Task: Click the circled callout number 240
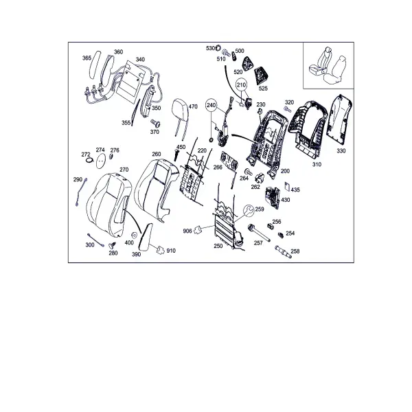pos(211,105)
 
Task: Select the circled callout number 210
pos(241,84)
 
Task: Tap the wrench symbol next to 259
pos(249,211)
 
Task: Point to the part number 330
pos(341,151)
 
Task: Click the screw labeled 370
pos(155,124)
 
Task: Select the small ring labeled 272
pos(90,161)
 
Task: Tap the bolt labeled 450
pos(176,154)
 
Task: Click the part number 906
pos(187,231)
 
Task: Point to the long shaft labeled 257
pos(259,233)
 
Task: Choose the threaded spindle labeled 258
pos(283,252)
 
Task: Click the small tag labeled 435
pos(287,187)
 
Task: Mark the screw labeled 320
pos(288,109)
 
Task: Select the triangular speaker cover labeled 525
pos(261,76)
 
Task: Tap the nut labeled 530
pos(218,48)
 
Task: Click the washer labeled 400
pos(134,235)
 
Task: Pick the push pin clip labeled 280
pos(112,246)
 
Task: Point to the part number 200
pos(285,171)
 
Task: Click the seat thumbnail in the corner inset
pos(328,65)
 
